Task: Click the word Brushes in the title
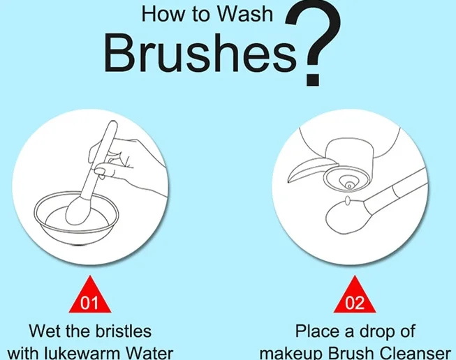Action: pos(200,53)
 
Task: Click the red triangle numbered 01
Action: pos(90,294)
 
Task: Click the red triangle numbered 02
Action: pos(355,294)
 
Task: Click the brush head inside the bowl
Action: pos(78,210)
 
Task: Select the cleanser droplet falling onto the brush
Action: pos(347,200)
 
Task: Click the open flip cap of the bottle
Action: pos(310,169)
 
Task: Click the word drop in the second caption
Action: pos(373,332)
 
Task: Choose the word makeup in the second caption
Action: pos(290,353)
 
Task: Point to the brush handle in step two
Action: pos(395,190)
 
